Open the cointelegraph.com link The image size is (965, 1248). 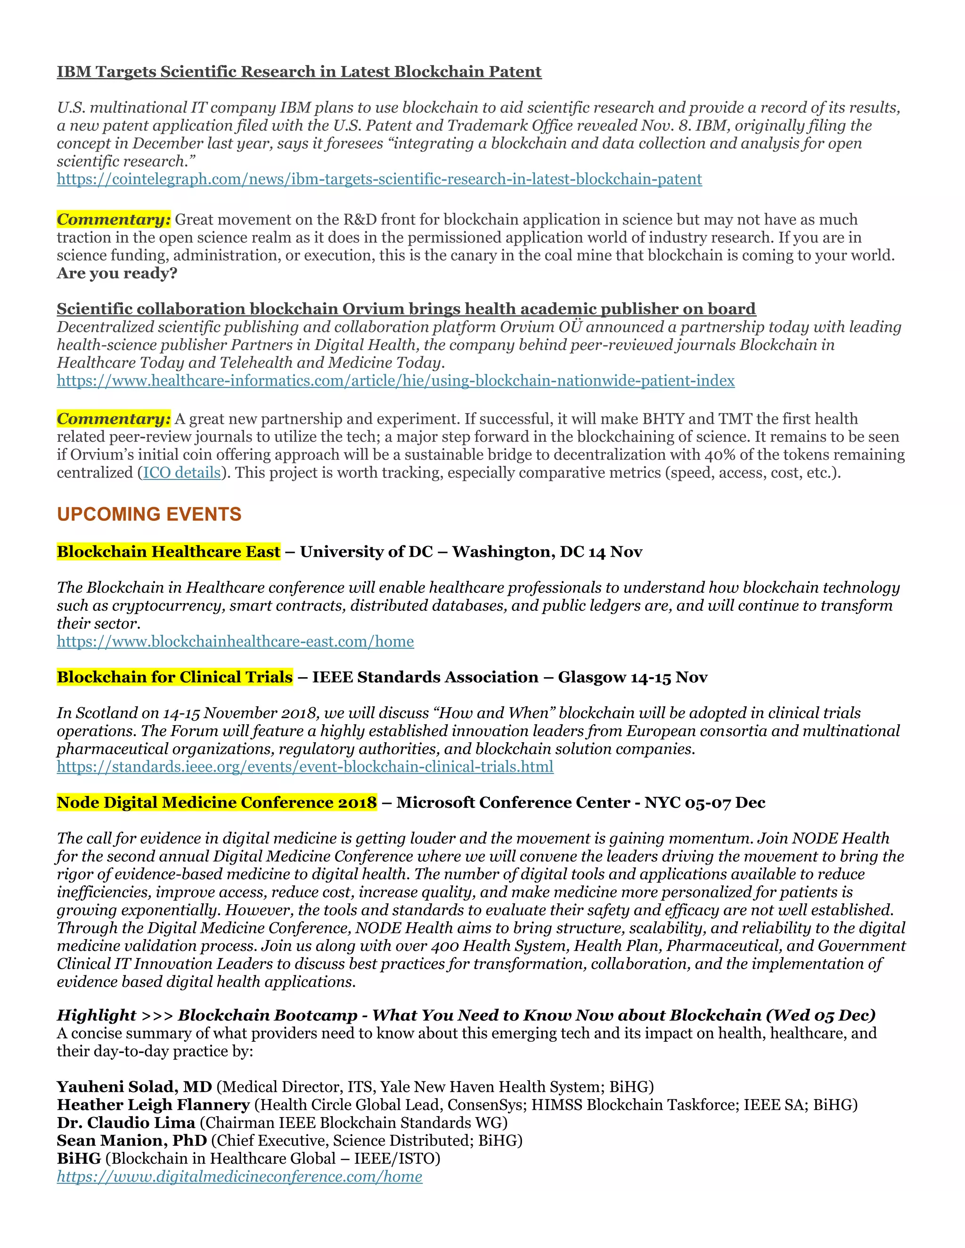pyautogui.click(x=379, y=179)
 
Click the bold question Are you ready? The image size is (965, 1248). pyautogui.click(x=117, y=274)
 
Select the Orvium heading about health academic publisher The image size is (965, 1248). pyautogui.click(x=406, y=309)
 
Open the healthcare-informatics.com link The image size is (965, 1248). pyautogui.click(x=395, y=381)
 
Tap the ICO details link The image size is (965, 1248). pyautogui.click(x=181, y=473)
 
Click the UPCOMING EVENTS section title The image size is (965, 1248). pyautogui.click(x=149, y=514)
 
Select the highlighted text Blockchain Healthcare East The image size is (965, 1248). pyautogui.click(x=169, y=552)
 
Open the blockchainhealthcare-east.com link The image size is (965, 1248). pyautogui.click(x=235, y=642)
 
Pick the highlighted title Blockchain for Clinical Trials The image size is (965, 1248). pyautogui.click(x=174, y=677)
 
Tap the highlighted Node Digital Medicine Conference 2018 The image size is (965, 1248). pyautogui.click(x=217, y=803)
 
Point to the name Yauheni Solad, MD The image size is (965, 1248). pyautogui.click(x=134, y=1087)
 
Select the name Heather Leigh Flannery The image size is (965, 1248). pyautogui.click(x=153, y=1105)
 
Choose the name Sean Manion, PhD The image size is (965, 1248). pyautogui.click(x=131, y=1141)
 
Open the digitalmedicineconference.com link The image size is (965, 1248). pyautogui.click(x=239, y=1177)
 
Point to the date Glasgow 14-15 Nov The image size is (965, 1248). pyautogui.click(x=633, y=677)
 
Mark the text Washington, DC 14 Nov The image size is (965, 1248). pyautogui.click(x=547, y=552)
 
